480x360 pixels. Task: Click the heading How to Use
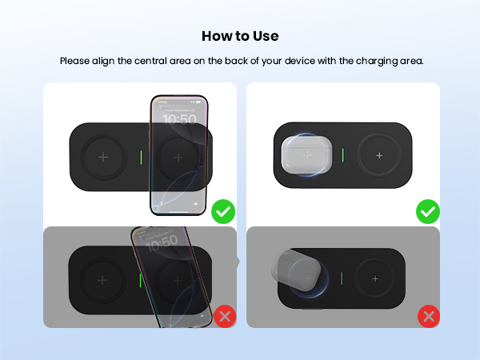click(x=240, y=36)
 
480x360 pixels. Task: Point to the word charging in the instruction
click(x=378, y=61)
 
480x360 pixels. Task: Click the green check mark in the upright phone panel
click(x=223, y=212)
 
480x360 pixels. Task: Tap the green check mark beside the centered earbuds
click(x=427, y=212)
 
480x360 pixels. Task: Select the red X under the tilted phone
click(x=224, y=316)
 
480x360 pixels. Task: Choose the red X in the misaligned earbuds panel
click(x=429, y=316)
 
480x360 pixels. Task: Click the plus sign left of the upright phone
click(x=102, y=157)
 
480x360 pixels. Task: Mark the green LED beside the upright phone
click(x=141, y=157)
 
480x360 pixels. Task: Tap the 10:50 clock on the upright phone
click(x=179, y=119)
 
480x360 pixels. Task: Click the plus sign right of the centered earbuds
click(x=379, y=154)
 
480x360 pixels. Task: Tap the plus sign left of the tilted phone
click(x=102, y=281)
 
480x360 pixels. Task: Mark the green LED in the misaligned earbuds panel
click(x=342, y=279)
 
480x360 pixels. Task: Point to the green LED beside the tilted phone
click(x=141, y=281)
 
